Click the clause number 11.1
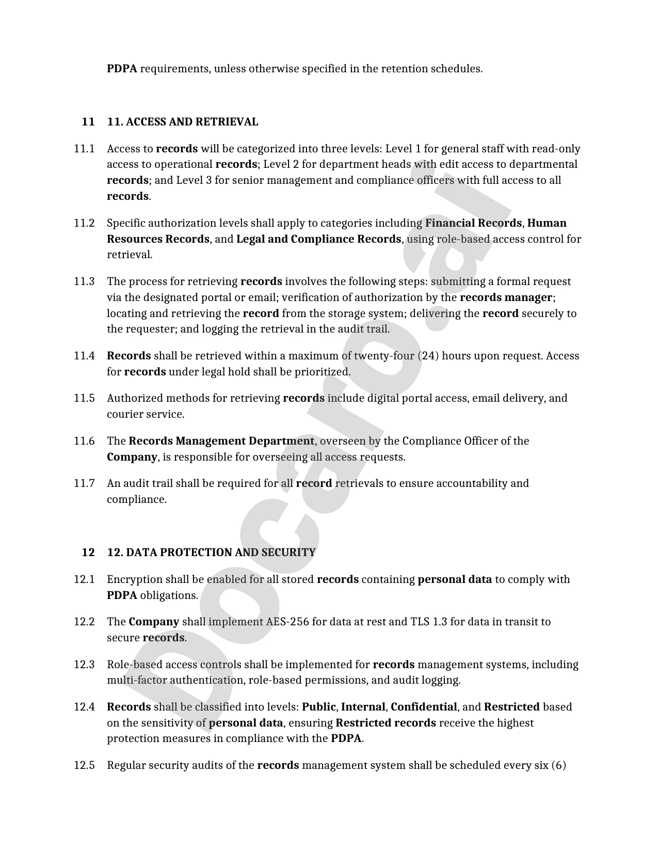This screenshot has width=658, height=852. pos(84,149)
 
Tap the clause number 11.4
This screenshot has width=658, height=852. pos(84,356)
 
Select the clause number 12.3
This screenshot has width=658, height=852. pos(84,665)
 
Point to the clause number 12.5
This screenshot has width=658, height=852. pos(84,765)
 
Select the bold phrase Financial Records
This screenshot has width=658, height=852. pos(473,224)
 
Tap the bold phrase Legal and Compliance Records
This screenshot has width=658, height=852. pos(318,240)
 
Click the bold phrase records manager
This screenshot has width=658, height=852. pos(506,298)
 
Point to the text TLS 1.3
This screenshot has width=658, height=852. pos(427,622)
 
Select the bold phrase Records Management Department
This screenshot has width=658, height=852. pos(221,441)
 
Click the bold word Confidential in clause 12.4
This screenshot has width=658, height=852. pos(424,707)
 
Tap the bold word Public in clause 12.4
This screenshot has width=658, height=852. pos(318,707)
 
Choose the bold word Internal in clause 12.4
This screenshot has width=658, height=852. pos(363,707)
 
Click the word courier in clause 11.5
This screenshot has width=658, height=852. pos(123,415)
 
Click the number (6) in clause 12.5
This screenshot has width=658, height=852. pos(558,765)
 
